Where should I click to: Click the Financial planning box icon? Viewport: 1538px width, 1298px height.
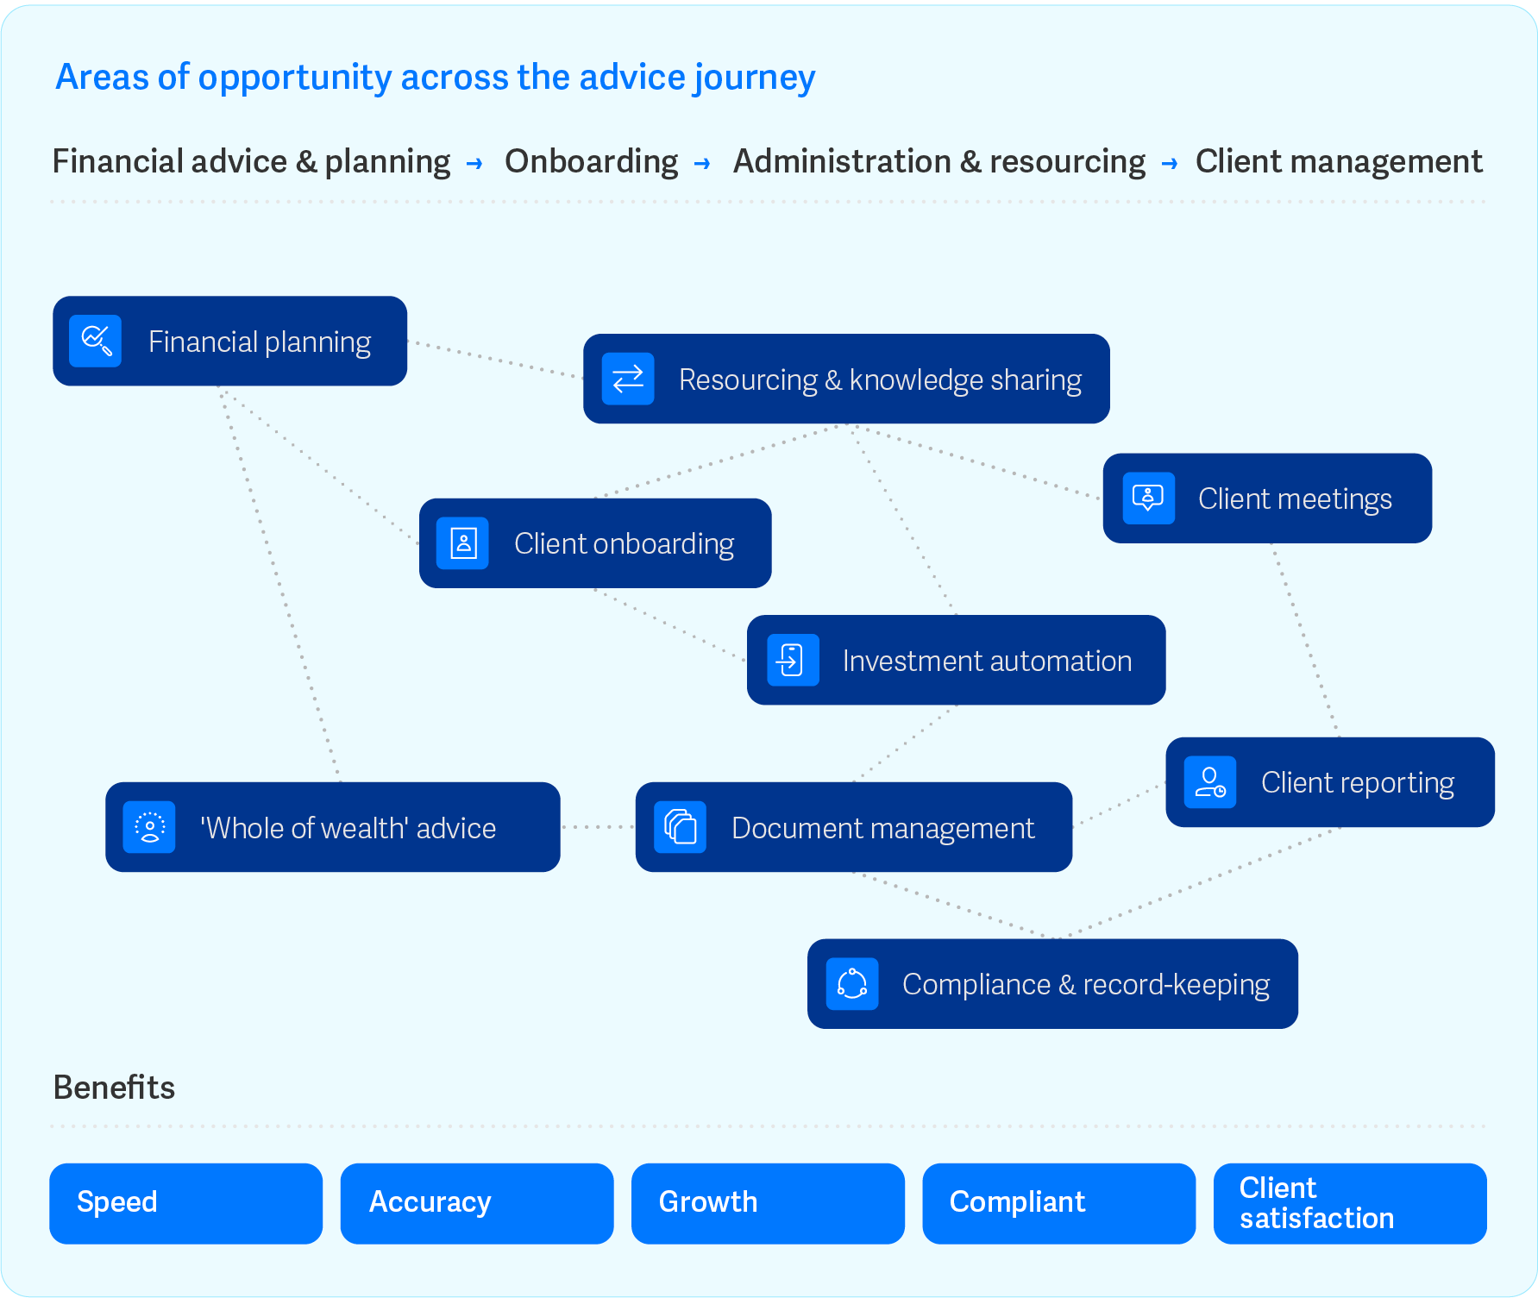[x=96, y=341]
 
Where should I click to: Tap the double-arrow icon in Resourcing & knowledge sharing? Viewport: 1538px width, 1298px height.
[x=628, y=379]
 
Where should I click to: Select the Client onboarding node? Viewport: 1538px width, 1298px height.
[x=595, y=543]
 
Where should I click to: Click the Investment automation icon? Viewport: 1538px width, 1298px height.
[x=792, y=661]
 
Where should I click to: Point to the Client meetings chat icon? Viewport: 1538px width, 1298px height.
[x=1148, y=499]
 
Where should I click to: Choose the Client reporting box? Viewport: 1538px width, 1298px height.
[x=1329, y=782]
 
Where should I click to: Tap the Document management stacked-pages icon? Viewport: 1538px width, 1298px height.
[x=681, y=827]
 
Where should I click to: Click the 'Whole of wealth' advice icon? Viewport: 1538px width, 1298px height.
[x=149, y=827]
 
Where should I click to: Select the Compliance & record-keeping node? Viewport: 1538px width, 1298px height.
[x=1052, y=984]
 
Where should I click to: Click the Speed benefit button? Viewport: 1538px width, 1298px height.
[x=185, y=1203]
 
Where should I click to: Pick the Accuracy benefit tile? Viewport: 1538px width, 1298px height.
[x=477, y=1203]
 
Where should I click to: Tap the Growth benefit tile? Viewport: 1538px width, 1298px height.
[x=768, y=1203]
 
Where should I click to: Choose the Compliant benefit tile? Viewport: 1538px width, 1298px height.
[x=1058, y=1203]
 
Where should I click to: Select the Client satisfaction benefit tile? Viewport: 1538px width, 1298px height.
[x=1350, y=1203]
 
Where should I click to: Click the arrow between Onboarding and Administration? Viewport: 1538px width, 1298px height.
[x=703, y=163]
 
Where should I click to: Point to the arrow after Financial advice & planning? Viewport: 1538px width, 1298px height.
[x=474, y=163]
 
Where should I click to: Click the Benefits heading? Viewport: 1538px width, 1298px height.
[x=114, y=1088]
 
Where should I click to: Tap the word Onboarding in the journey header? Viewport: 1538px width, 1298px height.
[x=592, y=161]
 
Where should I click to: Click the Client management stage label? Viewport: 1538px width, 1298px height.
[x=1339, y=161]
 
